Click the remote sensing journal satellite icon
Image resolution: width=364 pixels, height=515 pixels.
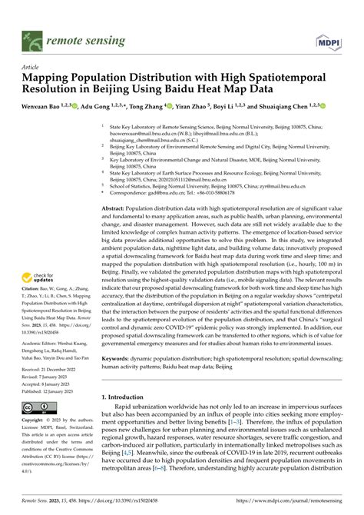click(x=32, y=37)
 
